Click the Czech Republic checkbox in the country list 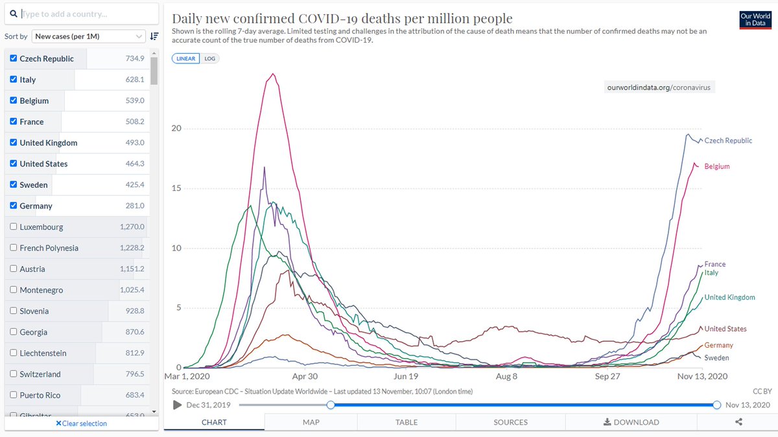point(14,58)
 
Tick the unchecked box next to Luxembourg point(14,227)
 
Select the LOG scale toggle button point(210,58)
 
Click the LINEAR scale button point(186,58)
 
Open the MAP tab point(311,422)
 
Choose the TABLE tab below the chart point(407,422)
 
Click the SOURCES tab point(510,422)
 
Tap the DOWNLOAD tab point(631,422)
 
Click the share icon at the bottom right point(738,422)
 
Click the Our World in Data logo point(755,20)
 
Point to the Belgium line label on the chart point(717,166)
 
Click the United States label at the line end point(725,329)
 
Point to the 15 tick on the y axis point(177,188)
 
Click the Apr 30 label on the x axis point(305,377)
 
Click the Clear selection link point(81,423)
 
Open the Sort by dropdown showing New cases point(89,36)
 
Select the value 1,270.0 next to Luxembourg point(132,227)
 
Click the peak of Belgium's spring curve point(274,74)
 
